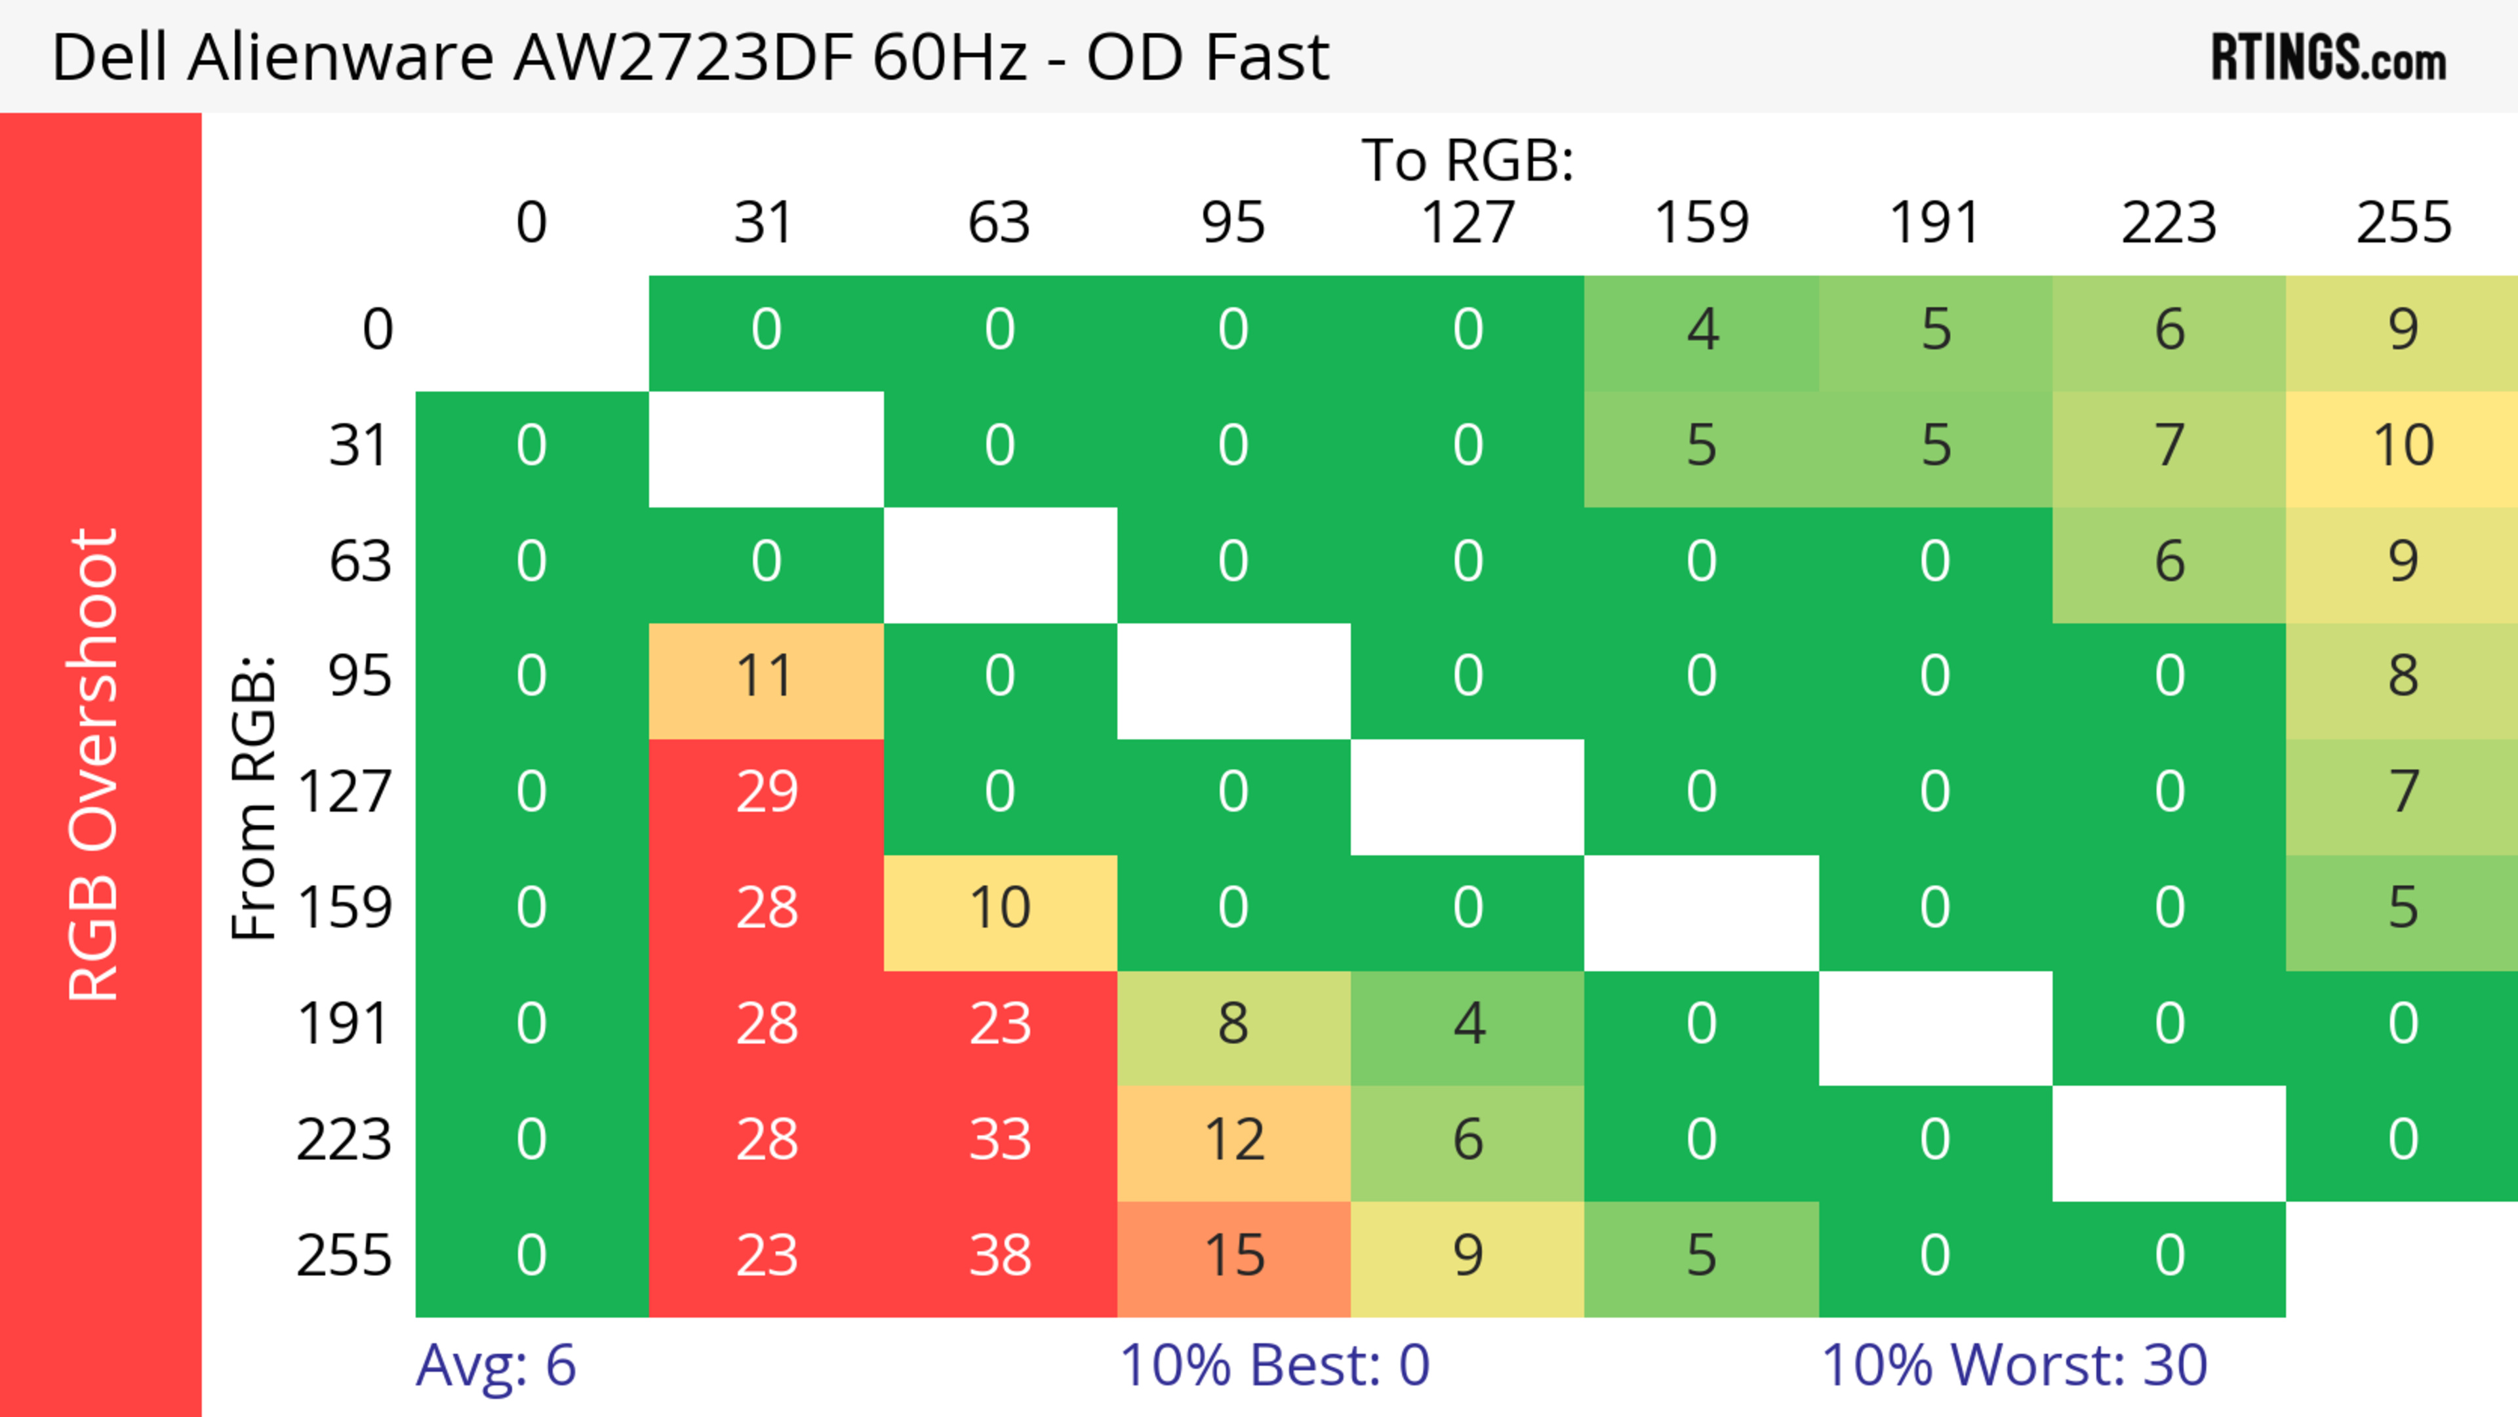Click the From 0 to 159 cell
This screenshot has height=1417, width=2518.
coord(1702,331)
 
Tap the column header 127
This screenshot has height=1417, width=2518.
coord(1468,224)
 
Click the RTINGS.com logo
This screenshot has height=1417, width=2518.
coord(2328,58)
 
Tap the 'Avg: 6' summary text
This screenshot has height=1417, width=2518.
coord(496,1365)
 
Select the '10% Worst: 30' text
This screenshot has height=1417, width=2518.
coord(2014,1365)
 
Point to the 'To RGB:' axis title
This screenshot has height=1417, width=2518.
coord(1468,160)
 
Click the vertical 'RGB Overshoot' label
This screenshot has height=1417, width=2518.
coord(95,764)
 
